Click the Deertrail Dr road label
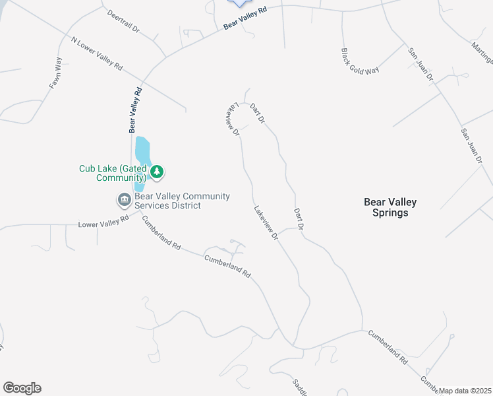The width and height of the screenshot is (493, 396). click(124, 22)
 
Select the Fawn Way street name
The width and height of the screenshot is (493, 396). click(55, 73)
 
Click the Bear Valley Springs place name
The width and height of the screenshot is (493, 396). click(390, 207)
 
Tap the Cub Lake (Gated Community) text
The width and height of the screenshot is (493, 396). click(112, 173)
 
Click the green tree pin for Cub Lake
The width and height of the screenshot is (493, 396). click(157, 172)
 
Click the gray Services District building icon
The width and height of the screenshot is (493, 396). click(123, 199)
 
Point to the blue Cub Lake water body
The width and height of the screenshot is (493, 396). click(142, 152)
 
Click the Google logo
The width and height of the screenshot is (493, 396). click(22, 388)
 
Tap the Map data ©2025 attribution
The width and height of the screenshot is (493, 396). click(465, 391)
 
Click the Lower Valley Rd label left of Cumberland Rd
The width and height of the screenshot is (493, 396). click(103, 223)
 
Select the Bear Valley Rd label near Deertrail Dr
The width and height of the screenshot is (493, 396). click(245, 18)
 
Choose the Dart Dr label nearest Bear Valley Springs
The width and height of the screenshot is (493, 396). click(298, 218)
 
